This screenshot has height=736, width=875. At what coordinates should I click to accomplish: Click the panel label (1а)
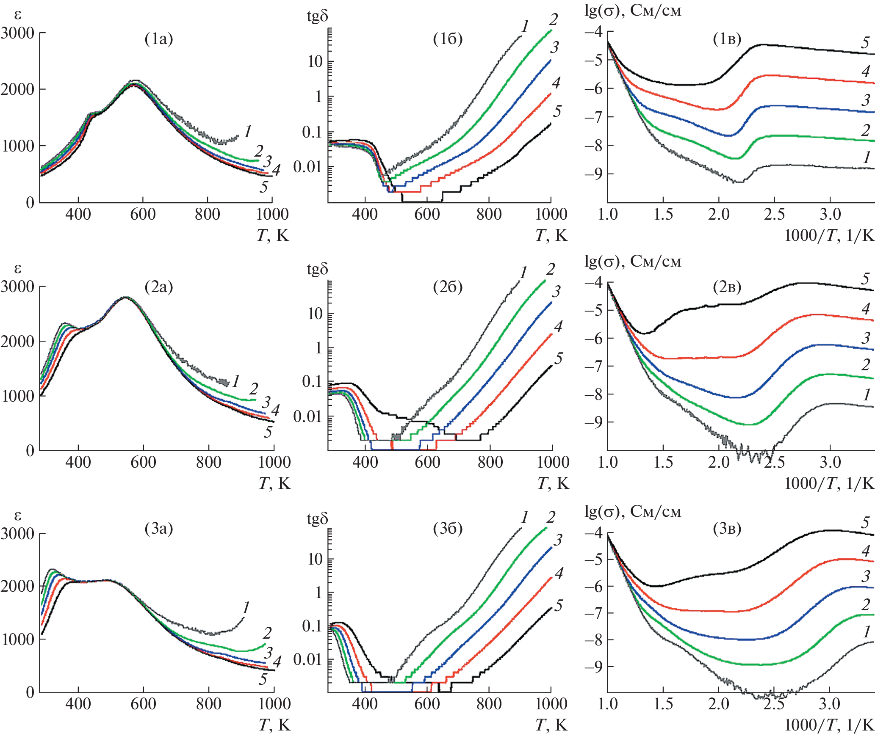point(159,39)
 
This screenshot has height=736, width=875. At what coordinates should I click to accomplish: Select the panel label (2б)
point(448,287)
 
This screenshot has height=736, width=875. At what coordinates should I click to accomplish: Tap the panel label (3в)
point(727,529)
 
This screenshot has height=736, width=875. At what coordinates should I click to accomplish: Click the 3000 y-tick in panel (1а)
point(18,33)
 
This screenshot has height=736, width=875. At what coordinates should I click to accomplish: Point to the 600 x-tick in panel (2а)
point(143,462)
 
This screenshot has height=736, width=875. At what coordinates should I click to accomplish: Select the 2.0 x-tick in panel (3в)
point(719,704)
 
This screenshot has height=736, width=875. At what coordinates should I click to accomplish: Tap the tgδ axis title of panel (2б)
point(317,269)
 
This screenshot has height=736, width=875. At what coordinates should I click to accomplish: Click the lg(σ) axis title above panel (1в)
point(633,10)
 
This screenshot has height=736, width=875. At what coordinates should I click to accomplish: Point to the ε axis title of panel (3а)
point(18,515)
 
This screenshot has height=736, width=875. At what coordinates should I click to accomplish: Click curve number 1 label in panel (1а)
point(248,131)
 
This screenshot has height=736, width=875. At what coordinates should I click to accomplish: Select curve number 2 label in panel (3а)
point(267,633)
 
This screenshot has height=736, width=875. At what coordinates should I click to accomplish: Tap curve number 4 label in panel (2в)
point(866,309)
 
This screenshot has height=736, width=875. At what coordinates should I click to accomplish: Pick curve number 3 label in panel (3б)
point(558,540)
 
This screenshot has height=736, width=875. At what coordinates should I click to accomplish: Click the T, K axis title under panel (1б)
point(551,235)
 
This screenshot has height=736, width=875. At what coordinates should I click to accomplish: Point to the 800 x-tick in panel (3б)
point(489,704)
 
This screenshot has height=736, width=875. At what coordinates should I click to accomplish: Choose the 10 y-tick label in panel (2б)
point(316,314)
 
